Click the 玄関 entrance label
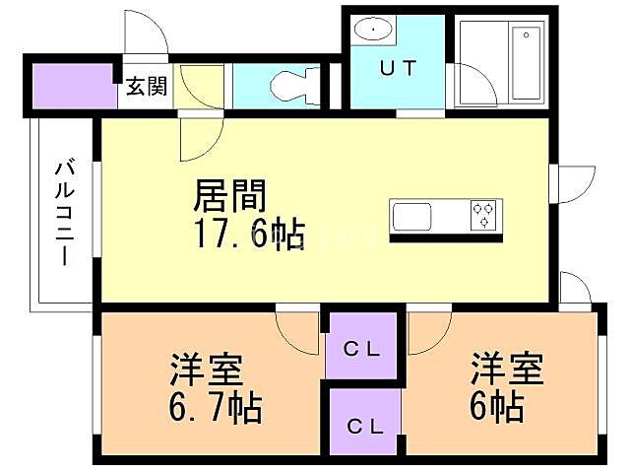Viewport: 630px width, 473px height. point(146,87)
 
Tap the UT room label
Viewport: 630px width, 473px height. point(398,69)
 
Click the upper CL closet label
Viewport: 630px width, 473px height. point(362,348)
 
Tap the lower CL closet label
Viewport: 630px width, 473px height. point(364,427)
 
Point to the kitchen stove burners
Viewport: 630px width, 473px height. point(483,214)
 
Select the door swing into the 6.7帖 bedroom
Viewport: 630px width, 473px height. point(294,329)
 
